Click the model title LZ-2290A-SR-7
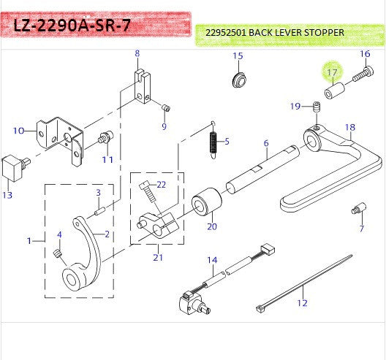(x=72, y=26)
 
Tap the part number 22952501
(x=226, y=32)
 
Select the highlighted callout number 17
(x=332, y=72)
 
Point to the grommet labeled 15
(x=239, y=80)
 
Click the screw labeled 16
(x=363, y=74)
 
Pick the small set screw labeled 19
(x=317, y=107)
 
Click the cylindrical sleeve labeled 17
(x=335, y=91)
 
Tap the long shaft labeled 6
(x=263, y=169)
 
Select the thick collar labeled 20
(x=207, y=202)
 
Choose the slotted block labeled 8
(x=143, y=86)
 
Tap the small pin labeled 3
(x=100, y=211)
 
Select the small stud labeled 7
(x=358, y=209)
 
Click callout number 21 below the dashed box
(x=158, y=258)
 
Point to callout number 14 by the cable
(x=212, y=260)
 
